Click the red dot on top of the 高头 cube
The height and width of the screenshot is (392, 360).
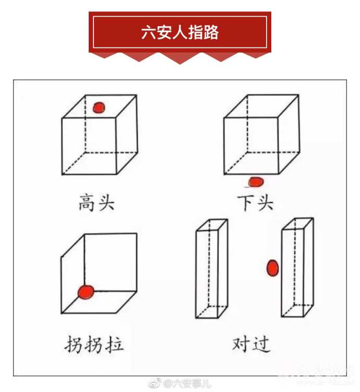(x=99, y=108)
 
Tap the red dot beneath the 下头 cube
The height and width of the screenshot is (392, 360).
(x=256, y=182)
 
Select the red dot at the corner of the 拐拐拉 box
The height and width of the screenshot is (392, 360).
(x=86, y=292)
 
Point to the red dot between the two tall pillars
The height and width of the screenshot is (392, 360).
(x=272, y=268)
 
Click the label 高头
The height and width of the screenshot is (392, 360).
(x=97, y=203)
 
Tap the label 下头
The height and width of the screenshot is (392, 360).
(x=255, y=203)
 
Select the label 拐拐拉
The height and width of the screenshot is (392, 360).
(x=94, y=345)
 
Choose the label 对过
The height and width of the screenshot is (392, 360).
(x=251, y=345)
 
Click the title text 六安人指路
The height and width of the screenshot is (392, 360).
(x=180, y=32)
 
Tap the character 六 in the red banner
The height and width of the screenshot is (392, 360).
(x=149, y=32)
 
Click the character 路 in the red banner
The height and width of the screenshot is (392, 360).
(x=211, y=32)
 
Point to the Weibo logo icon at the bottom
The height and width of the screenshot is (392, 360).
(x=155, y=383)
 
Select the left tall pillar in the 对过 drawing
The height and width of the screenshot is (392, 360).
(x=212, y=269)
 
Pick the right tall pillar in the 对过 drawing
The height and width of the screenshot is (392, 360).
(x=297, y=267)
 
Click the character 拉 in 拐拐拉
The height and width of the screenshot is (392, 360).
(x=114, y=345)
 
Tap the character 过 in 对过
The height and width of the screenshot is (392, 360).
(x=261, y=345)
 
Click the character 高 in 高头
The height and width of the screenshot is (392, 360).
(x=87, y=203)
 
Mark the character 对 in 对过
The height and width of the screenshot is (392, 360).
(x=241, y=344)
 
